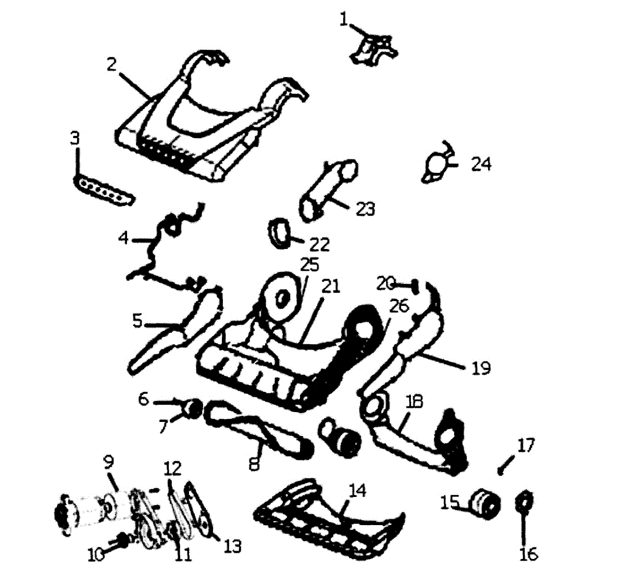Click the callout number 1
click(x=343, y=19)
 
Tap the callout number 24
click(x=481, y=164)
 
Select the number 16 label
click(x=528, y=554)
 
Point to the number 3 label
click(x=76, y=139)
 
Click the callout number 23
click(x=365, y=209)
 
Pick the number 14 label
click(x=357, y=491)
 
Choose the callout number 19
click(x=481, y=368)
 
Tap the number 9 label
click(x=108, y=462)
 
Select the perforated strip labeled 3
click(x=103, y=191)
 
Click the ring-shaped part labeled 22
click(x=281, y=232)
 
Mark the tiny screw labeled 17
click(x=501, y=470)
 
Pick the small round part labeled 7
click(x=193, y=407)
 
